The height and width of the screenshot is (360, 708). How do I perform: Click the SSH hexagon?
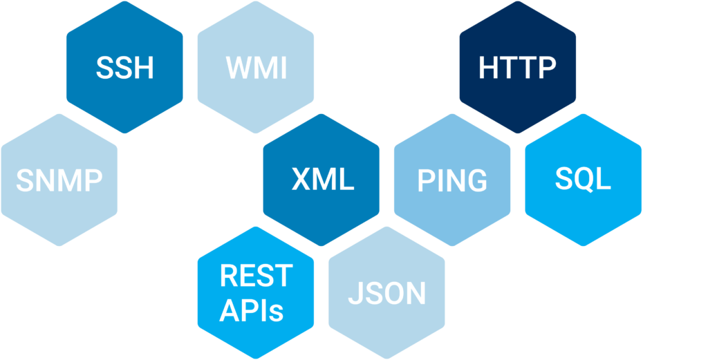tap(124, 68)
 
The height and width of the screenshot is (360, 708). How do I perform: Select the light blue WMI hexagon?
tap(256, 68)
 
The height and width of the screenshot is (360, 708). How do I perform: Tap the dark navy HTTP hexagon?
tap(518, 68)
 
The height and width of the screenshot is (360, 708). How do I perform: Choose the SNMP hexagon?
tap(59, 180)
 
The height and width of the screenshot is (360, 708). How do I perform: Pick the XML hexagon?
tap(322, 180)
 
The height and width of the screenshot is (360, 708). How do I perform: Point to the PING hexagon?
tap(452, 180)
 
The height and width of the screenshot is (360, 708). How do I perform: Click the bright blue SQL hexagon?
tap(583, 180)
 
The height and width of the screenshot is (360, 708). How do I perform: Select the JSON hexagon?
tap(386, 293)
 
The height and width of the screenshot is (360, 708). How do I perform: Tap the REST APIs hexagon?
tap(256, 293)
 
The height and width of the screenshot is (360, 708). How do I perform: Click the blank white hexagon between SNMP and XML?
tap(190, 180)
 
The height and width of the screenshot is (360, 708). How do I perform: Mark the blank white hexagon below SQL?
tap(649, 293)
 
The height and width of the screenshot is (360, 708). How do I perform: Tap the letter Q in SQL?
tap(582, 180)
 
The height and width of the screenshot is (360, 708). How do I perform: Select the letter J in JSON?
tap(353, 294)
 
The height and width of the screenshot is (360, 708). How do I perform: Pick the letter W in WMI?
tap(238, 68)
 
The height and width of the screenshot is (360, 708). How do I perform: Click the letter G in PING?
tap(475, 180)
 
